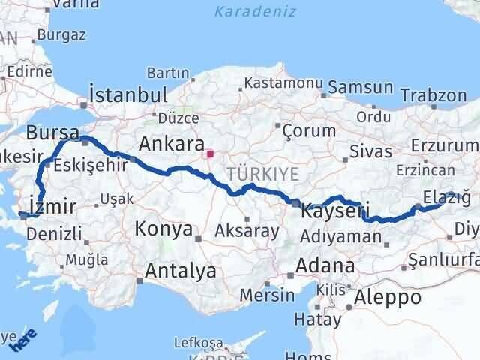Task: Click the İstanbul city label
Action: coord(127,94)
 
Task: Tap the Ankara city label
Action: coord(169,143)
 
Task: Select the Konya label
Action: coord(163,229)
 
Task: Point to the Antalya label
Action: coord(181,270)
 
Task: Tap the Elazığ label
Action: coord(447,197)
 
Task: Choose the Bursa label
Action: coord(52,133)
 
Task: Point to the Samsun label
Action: coord(365,87)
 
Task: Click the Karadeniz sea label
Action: coord(255,12)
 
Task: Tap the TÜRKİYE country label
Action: coord(266,173)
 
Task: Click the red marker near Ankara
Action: coord(211,155)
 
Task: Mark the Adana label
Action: coord(325,265)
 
